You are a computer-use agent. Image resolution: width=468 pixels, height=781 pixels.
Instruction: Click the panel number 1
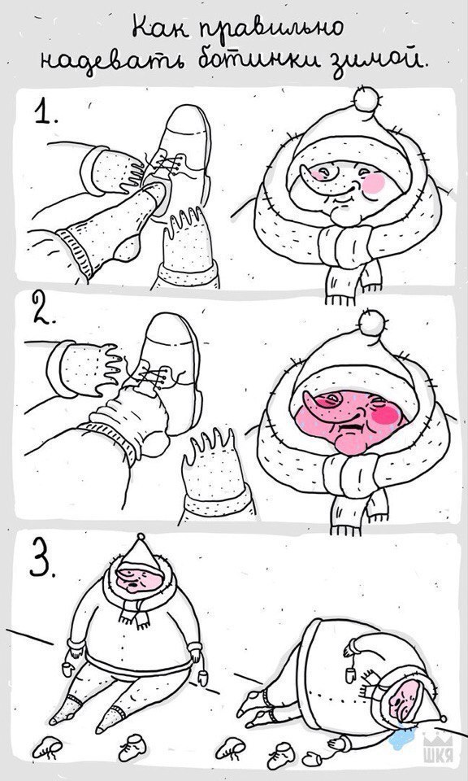[x=45, y=111]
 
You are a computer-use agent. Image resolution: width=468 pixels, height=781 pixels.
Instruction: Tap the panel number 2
[x=44, y=308]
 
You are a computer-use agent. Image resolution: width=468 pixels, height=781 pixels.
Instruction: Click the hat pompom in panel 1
[x=366, y=98]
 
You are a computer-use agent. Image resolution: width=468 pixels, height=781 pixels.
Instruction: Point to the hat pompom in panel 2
[x=371, y=323]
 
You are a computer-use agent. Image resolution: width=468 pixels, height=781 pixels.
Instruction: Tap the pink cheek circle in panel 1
[x=374, y=183]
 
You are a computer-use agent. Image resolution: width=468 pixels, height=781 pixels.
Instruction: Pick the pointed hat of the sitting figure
[x=141, y=552]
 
